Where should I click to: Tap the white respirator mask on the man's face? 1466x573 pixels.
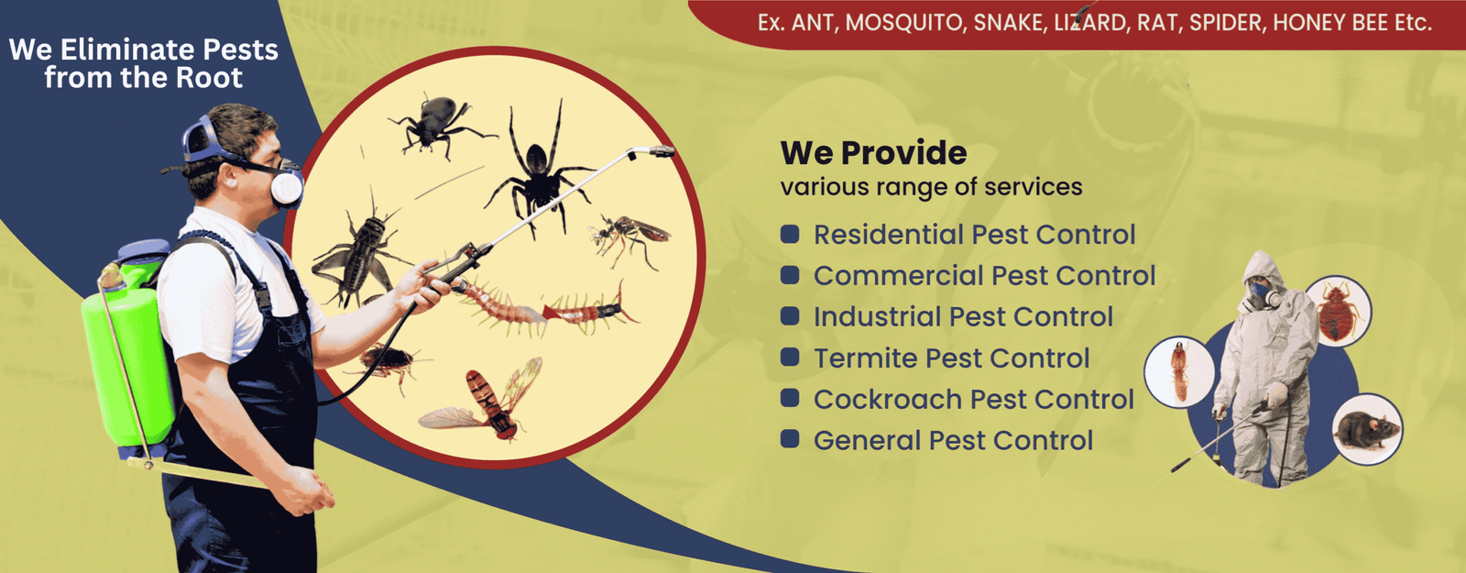pos(286,187)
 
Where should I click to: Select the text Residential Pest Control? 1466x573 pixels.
pos(974,235)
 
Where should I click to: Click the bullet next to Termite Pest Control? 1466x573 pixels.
pos(790,357)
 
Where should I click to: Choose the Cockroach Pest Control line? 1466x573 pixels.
pos(973,400)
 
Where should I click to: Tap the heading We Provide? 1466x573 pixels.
pos(873,153)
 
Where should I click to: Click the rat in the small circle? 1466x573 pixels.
pos(1366,429)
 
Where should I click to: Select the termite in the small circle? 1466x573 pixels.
pos(1179,371)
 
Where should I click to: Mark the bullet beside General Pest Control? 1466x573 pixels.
pos(790,439)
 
